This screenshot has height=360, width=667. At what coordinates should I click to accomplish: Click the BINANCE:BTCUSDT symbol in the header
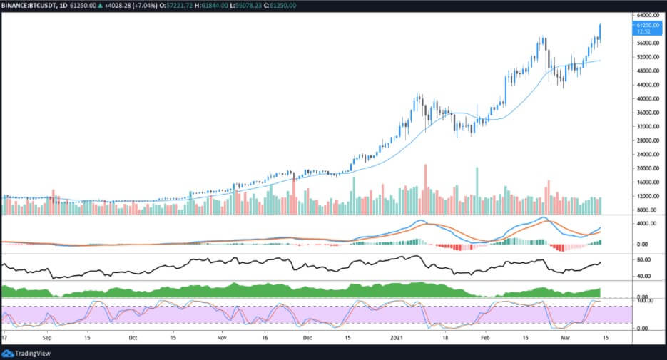point(30,5)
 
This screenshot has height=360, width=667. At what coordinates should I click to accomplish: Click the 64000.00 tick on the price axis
point(646,15)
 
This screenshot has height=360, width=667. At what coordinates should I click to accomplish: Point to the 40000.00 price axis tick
point(646,98)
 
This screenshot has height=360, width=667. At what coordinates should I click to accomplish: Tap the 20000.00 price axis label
point(646,168)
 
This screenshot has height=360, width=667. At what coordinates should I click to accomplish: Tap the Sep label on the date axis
point(47,338)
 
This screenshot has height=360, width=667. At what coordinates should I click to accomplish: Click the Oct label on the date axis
point(132,338)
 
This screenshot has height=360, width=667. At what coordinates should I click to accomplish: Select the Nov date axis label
point(222,338)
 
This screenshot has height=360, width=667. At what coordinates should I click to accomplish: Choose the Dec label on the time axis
point(307,338)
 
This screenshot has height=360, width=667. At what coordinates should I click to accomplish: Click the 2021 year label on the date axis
point(397,338)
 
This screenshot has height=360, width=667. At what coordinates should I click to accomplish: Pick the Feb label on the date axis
point(487,338)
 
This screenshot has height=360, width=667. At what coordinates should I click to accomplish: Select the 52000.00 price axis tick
point(646,57)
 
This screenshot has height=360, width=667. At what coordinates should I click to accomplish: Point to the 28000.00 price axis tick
point(646,140)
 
